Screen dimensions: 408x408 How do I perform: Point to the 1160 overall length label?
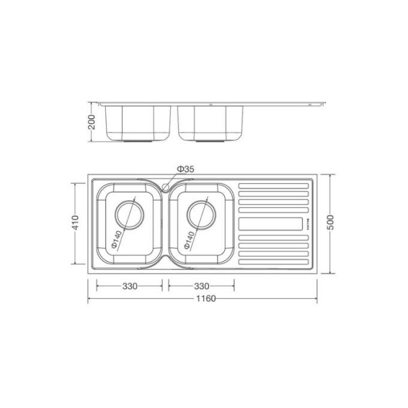coord(203,298)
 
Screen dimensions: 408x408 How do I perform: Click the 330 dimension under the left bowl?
coord(130,286)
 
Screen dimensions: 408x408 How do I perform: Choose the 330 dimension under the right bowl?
coord(201,286)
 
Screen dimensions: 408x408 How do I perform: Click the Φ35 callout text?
coord(185,170)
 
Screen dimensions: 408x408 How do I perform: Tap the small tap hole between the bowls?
coord(166,187)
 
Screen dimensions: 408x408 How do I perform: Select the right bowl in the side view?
coord(210,123)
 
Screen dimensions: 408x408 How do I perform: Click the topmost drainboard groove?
coord(274,186)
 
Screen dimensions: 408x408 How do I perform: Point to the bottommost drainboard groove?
coord(274,262)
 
